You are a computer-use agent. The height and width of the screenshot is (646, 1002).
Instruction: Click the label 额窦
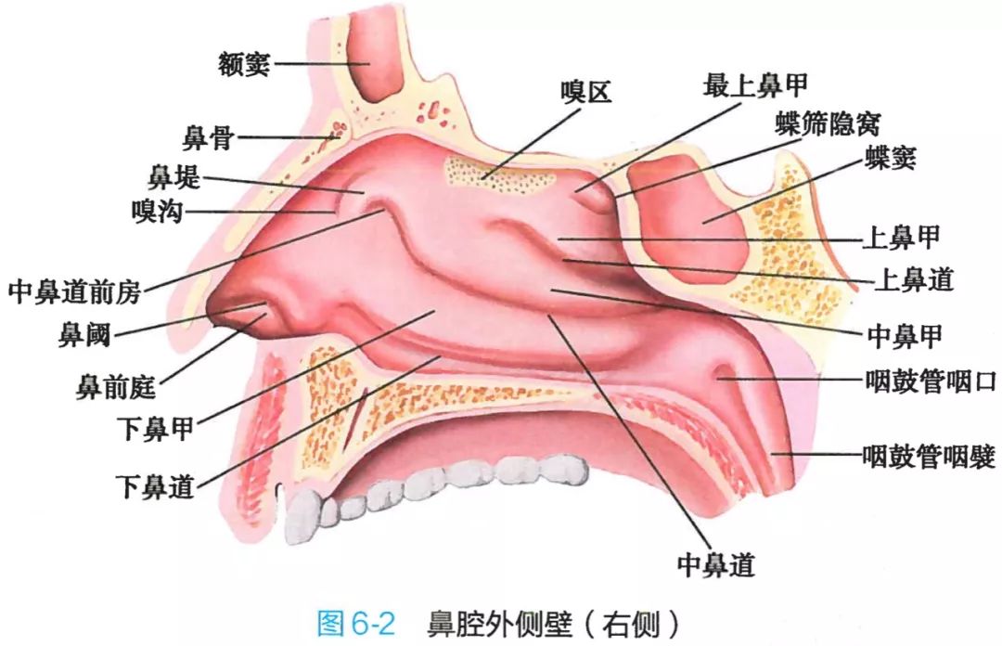point(244,64)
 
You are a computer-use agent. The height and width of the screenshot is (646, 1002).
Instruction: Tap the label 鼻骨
point(209,137)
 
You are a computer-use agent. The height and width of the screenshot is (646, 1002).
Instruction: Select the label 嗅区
point(586,93)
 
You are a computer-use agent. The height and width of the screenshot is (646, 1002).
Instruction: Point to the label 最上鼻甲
point(755,85)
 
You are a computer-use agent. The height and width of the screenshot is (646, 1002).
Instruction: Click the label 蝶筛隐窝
point(829,124)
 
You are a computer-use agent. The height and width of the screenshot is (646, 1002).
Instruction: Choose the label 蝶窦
point(891,158)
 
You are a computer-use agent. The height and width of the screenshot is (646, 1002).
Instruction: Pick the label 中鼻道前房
point(74,291)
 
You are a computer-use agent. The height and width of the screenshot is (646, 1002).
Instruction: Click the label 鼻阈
point(84,334)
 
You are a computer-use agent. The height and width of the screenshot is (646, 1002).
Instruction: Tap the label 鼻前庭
point(116,386)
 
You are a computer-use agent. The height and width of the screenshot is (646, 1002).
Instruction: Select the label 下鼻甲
point(155,429)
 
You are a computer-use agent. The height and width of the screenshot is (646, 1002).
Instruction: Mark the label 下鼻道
point(155,486)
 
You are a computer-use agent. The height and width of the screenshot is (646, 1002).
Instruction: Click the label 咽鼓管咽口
point(931,381)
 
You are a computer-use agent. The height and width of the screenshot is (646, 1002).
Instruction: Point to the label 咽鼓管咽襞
point(929,457)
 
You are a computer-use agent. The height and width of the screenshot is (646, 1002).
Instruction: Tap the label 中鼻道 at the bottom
point(715,564)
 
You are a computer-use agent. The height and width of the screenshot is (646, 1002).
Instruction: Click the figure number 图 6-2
point(356,623)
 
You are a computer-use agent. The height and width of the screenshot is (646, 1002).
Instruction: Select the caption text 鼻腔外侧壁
point(500,623)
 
